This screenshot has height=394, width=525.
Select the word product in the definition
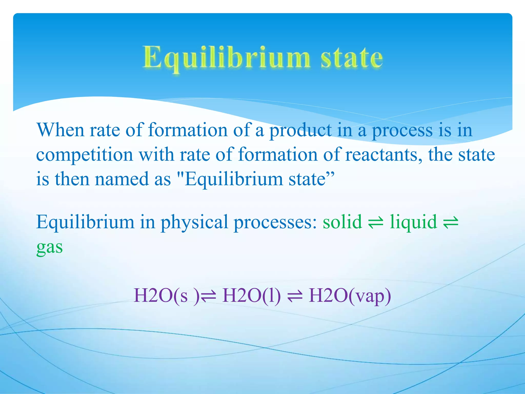tap(300, 130)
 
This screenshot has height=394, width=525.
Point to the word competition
tap(85, 155)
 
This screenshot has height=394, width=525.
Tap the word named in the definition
tap(122, 179)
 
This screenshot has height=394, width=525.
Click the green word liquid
tap(413, 222)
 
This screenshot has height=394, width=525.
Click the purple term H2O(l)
tap(252, 295)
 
